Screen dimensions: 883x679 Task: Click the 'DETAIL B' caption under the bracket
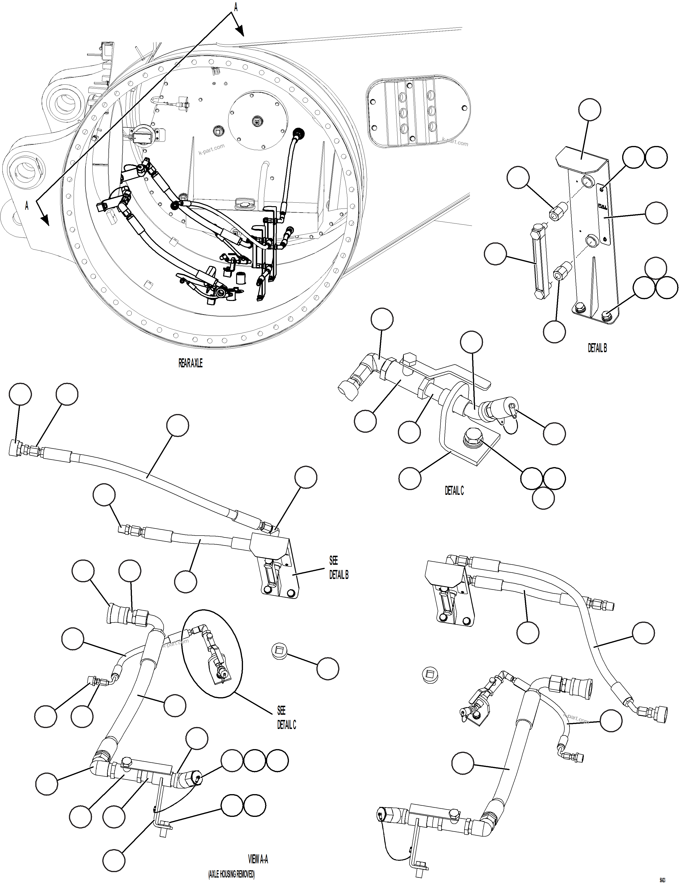pyautogui.click(x=597, y=348)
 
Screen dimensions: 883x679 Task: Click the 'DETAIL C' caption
pyautogui.click(x=454, y=490)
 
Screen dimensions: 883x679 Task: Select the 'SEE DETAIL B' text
pyautogui.click(x=338, y=568)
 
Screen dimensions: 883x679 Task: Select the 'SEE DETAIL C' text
pyautogui.click(x=286, y=717)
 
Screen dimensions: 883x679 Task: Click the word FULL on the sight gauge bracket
pyautogui.click(x=602, y=206)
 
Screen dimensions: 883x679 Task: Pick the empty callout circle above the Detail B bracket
pyautogui.click(x=589, y=109)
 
